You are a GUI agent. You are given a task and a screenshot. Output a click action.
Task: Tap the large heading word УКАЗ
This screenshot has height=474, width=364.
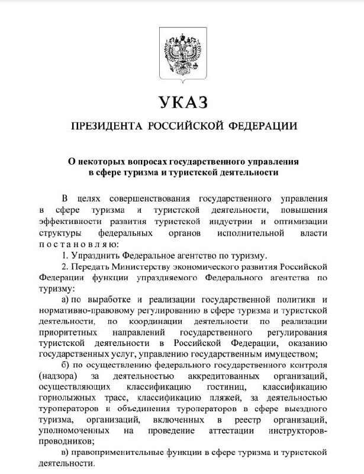point(182,102)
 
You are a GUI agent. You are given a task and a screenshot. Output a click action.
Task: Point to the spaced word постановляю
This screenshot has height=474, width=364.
point(78,245)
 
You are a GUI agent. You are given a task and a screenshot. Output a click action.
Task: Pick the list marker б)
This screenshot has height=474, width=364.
point(67,365)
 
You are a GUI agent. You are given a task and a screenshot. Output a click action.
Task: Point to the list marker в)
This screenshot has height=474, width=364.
point(67,453)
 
